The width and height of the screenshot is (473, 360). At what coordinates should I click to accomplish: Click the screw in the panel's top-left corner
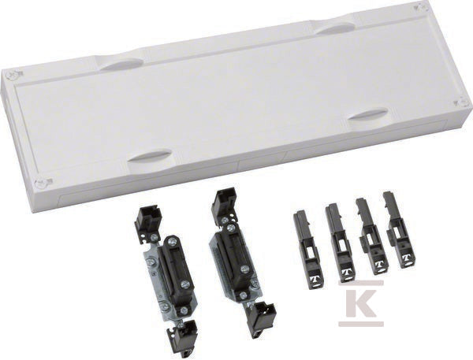(13, 75)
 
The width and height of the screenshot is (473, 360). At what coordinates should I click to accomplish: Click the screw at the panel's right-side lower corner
(462, 102)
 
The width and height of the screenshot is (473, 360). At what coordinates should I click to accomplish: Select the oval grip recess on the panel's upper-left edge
(122, 65)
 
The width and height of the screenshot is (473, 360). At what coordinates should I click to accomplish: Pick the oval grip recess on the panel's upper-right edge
(336, 28)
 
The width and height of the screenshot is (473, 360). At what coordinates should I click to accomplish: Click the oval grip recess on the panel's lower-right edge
(368, 114)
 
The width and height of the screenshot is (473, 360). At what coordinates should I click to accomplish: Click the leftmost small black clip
(307, 250)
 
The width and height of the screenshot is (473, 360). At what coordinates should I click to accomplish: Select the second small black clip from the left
(339, 243)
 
